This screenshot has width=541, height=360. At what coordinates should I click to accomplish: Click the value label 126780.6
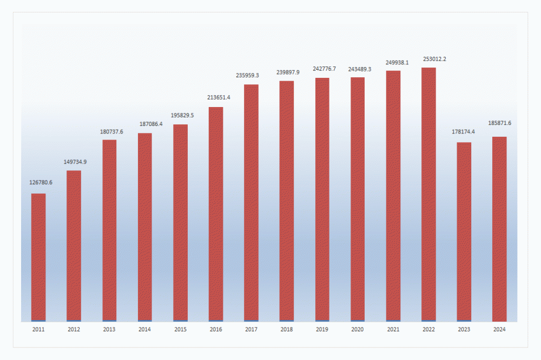click(41, 182)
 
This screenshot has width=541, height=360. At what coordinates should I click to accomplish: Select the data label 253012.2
click(431, 58)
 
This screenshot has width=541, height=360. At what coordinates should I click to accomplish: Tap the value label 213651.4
click(218, 97)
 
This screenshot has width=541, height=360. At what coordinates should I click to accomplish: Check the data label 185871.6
click(500, 123)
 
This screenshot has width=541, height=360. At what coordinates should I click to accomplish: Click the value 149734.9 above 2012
click(76, 162)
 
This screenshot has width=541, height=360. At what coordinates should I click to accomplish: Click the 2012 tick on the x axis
click(74, 329)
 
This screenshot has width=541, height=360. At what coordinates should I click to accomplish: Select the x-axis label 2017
click(251, 329)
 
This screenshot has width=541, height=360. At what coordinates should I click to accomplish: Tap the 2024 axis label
click(499, 329)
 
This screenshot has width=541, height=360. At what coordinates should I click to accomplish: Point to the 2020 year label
click(358, 329)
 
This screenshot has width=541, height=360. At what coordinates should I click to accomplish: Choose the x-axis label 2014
click(145, 329)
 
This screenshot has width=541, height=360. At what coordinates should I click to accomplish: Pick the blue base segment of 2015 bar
click(180, 321)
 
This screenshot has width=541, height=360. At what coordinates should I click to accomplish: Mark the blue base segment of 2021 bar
click(393, 321)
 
